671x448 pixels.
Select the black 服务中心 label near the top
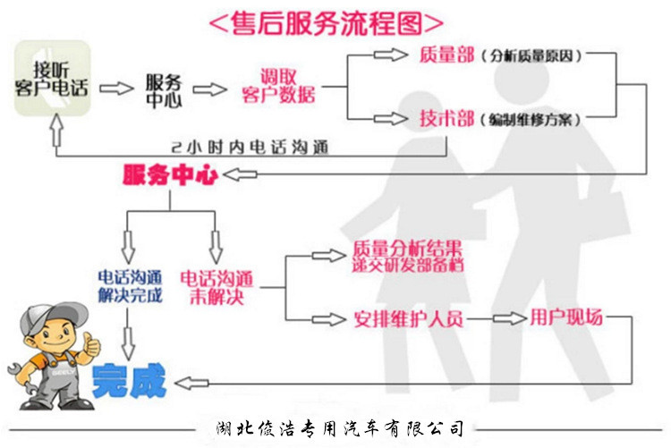click(163, 90)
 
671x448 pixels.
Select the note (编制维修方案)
click(531, 119)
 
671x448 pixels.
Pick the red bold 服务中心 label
click(170, 174)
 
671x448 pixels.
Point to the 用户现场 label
click(566, 317)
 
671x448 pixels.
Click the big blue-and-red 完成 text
click(128, 380)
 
